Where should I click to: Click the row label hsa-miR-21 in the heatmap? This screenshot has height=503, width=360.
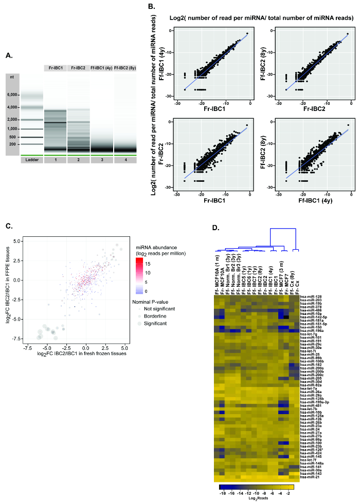[x=308, y=477]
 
